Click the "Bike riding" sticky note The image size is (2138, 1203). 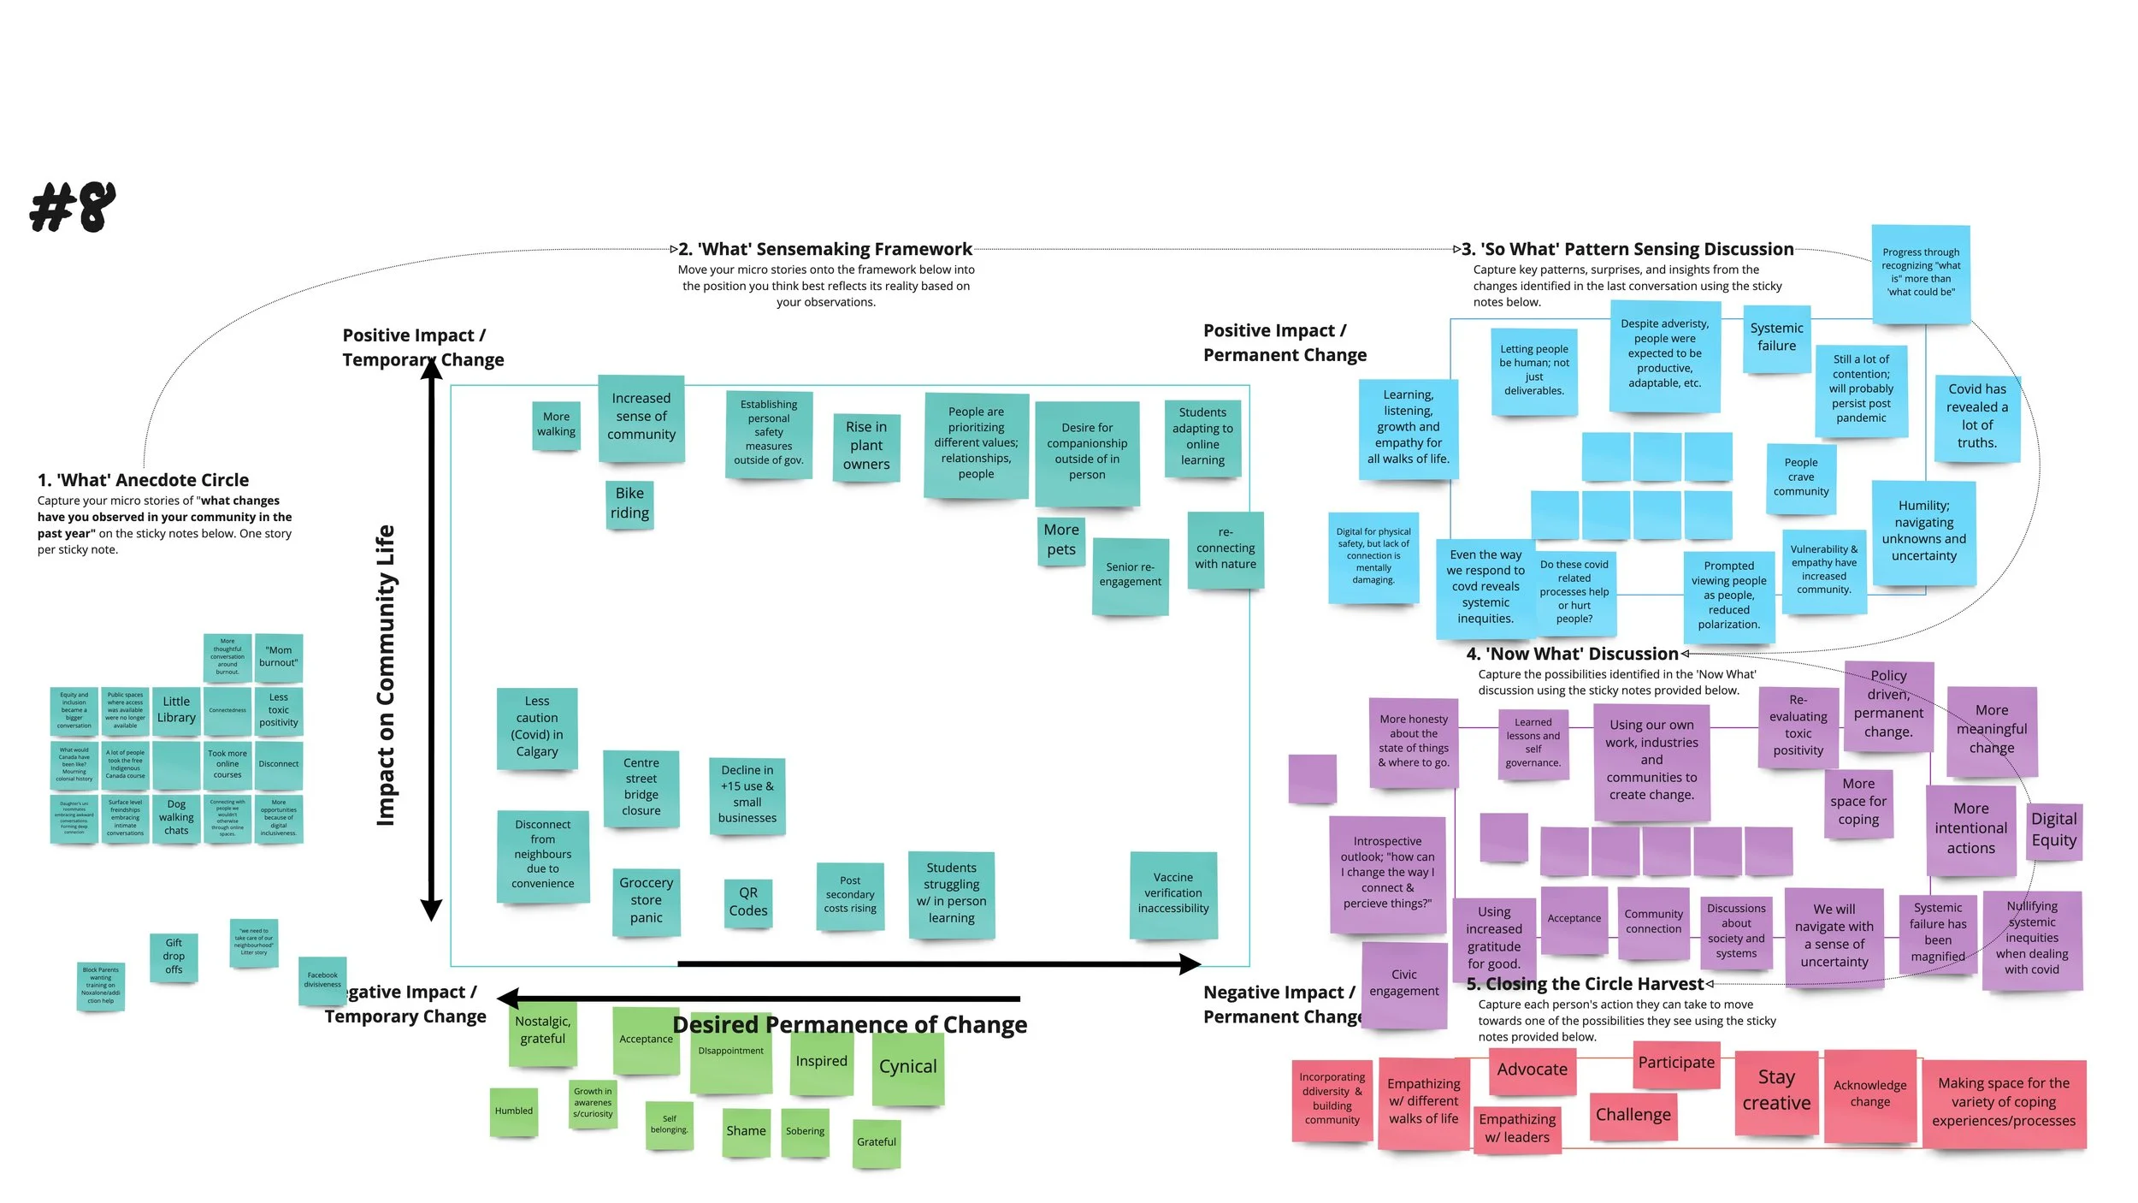pos(629,504)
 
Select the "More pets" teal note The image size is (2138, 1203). pos(1061,541)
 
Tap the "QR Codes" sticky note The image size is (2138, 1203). pos(748,902)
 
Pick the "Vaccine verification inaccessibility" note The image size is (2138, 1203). pos(1173,894)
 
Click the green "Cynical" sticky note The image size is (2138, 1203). pos(907,1067)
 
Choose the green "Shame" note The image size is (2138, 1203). pos(746,1131)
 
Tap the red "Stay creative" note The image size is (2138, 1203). pos(1776,1091)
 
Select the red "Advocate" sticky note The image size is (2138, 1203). pos(1532,1070)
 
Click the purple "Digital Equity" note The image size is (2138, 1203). pos(2053,830)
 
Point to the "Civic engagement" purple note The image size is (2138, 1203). pos(1403,983)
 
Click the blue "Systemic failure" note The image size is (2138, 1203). pos(1776,338)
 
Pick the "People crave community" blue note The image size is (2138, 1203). pos(1800,477)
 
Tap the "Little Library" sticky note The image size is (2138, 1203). pos(176,709)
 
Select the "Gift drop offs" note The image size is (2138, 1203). pos(174,957)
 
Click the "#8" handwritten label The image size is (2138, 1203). pos(73,207)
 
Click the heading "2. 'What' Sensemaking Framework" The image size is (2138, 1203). pos(824,249)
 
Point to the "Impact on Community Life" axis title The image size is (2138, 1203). pos(386,675)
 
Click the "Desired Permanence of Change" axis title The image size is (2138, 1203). pos(849,1024)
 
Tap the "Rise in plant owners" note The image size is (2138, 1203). pos(865,446)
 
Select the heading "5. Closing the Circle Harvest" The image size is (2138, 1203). pos(1585,984)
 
